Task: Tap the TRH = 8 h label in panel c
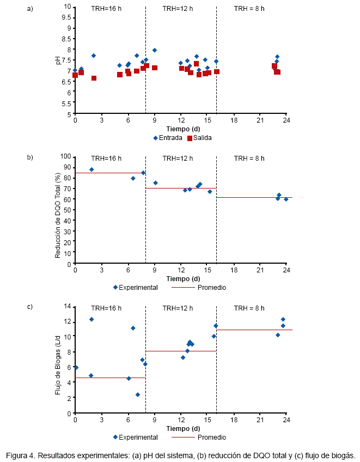pyautogui.click(x=249, y=308)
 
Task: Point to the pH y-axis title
pyautogui.click(x=59, y=60)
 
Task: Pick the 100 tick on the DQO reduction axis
pyautogui.click(x=66, y=156)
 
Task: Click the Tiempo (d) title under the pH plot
pyautogui.click(x=181, y=129)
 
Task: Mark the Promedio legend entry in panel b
pyautogui.click(x=212, y=287)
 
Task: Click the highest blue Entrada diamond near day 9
pyautogui.click(x=155, y=50)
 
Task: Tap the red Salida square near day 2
pyautogui.click(x=94, y=78)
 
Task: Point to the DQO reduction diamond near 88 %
pyautogui.click(x=91, y=169)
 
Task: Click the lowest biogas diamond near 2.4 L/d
pyautogui.click(x=138, y=394)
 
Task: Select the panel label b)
pyautogui.click(x=30, y=158)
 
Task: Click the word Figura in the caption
pyautogui.click(x=17, y=455)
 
